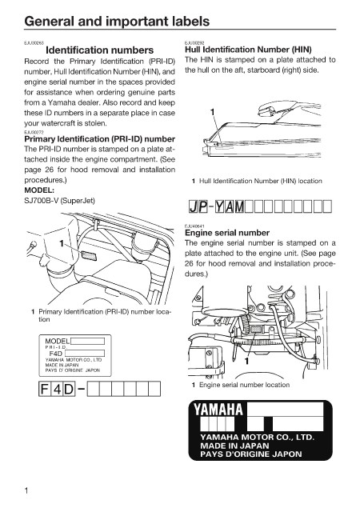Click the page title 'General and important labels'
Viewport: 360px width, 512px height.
pyautogui.click(x=117, y=22)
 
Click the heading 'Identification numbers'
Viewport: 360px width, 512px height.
pyautogui.click(x=100, y=50)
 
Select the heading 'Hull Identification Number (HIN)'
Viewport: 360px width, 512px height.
pyautogui.click(x=248, y=50)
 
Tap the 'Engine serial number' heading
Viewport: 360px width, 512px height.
pyautogui.click(x=227, y=233)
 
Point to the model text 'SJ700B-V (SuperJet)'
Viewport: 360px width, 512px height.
pyautogui.click(x=59, y=201)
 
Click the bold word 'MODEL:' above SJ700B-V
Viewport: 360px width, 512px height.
pyautogui.click(x=39, y=190)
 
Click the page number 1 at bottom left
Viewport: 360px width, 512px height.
pyautogui.click(x=26, y=490)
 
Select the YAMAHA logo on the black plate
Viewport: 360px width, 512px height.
pyautogui.click(x=218, y=410)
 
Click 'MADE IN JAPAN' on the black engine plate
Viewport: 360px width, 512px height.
pyautogui.click(x=234, y=446)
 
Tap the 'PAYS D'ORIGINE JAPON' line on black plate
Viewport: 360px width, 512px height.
pyautogui.click(x=251, y=454)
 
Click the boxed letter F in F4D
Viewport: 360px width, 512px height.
pyautogui.click(x=44, y=389)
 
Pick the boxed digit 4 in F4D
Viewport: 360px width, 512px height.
pyautogui.click(x=57, y=389)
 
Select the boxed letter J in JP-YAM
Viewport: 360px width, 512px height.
pyautogui.click(x=194, y=206)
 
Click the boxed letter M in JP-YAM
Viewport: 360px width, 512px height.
pyautogui.click(x=239, y=206)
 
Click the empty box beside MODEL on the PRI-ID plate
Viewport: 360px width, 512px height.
pyautogui.click(x=87, y=342)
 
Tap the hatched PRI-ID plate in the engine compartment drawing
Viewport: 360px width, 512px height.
pyautogui.click(x=89, y=255)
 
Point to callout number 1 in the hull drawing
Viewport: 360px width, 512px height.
pyautogui.click(x=212, y=112)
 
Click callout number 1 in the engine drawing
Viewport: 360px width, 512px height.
pyautogui.click(x=247, y=361)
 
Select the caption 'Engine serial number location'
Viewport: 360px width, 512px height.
pyautogui.click(x=244, y=385)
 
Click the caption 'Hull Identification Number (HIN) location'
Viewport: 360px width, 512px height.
pyautogui.click(x=261, y=181)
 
